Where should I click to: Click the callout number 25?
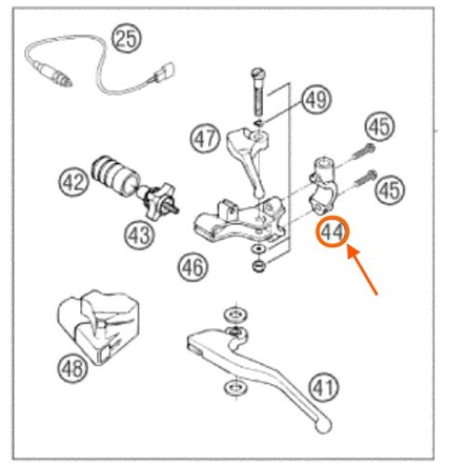pos(127,39)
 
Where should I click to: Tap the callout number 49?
pos(316,100)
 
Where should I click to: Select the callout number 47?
pos(205,139)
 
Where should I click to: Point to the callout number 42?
pos(74,182)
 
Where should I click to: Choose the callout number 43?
pos(139,235)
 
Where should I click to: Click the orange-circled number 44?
pos(333,232)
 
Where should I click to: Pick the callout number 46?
pos(193,267)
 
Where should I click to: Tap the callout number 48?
pos(73,369)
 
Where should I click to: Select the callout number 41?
pos(324,388)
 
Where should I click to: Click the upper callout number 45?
pos(380,127)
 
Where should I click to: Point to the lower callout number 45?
pos(390,189)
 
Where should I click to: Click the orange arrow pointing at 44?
pos(362,269)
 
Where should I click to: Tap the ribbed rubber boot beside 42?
pos(115,176)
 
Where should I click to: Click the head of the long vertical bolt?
pos(258,73)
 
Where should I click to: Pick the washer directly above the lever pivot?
pos(236,315)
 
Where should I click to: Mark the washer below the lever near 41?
pos(235,388)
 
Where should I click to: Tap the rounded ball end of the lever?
pos(323,425)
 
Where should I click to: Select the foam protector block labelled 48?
pos(98,326)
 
